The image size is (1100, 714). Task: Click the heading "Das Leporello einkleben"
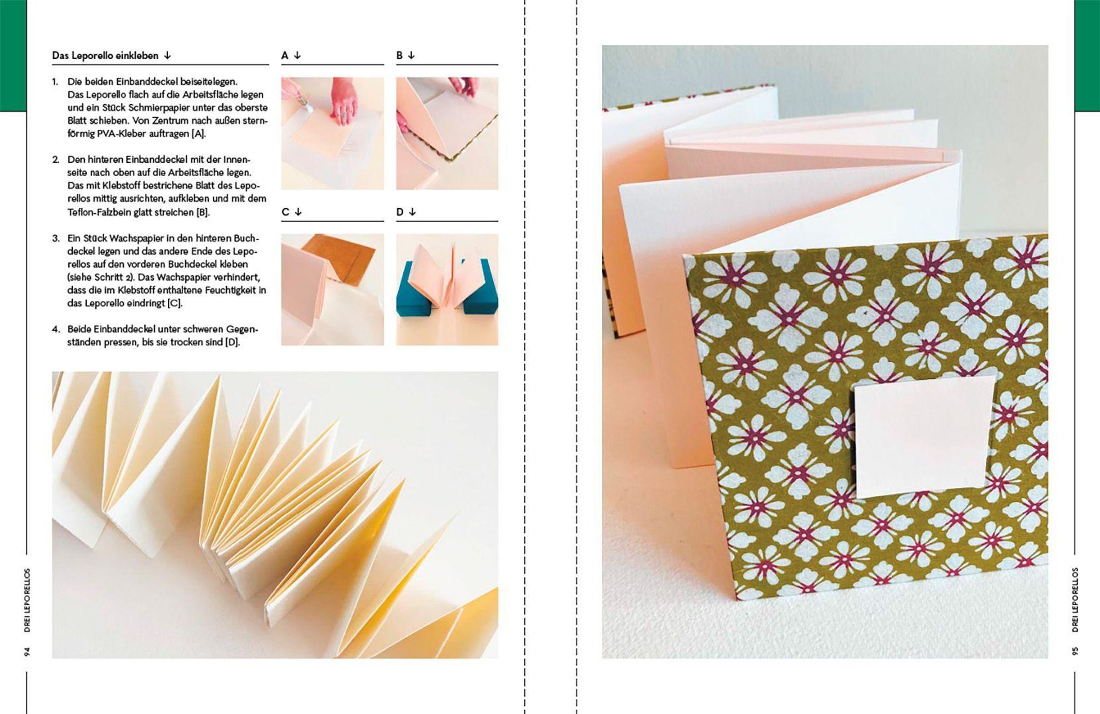pyautogui.click(x=105, y=56)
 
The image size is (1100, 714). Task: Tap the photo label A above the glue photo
pyautogui.click(x=285, y=55)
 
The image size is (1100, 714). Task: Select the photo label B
pyautogui.click(x=399, y=55)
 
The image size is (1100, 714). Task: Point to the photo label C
pyautogui.click(x=285, y=212)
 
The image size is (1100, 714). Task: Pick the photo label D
pyautogui.click(x=400, y=212)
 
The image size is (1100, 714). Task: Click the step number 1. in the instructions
pyautogui.click(x=55, y=81)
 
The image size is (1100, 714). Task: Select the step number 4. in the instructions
pyautogui.click(x=55, y=330)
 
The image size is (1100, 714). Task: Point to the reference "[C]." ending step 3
pyautogui.click(x=175, y=304)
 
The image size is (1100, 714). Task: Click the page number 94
pyautogui.click(x=27, y=652)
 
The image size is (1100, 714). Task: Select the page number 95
pyautogui.click(x=1075, y=652)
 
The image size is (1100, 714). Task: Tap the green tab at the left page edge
pyautogui.click(x=13, y=56)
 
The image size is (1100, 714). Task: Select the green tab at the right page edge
pyautogui.click(x=1087, y=56)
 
